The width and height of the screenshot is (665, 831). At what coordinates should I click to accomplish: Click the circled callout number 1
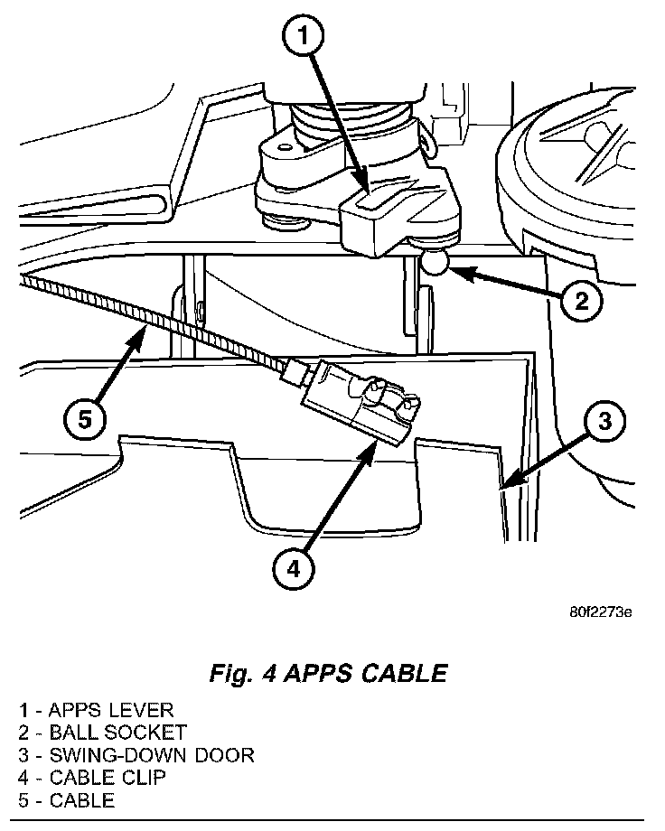point(304,38)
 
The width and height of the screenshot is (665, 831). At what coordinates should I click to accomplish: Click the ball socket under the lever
point(436,263)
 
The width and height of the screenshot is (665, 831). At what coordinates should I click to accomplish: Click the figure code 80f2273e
point(599,612)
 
